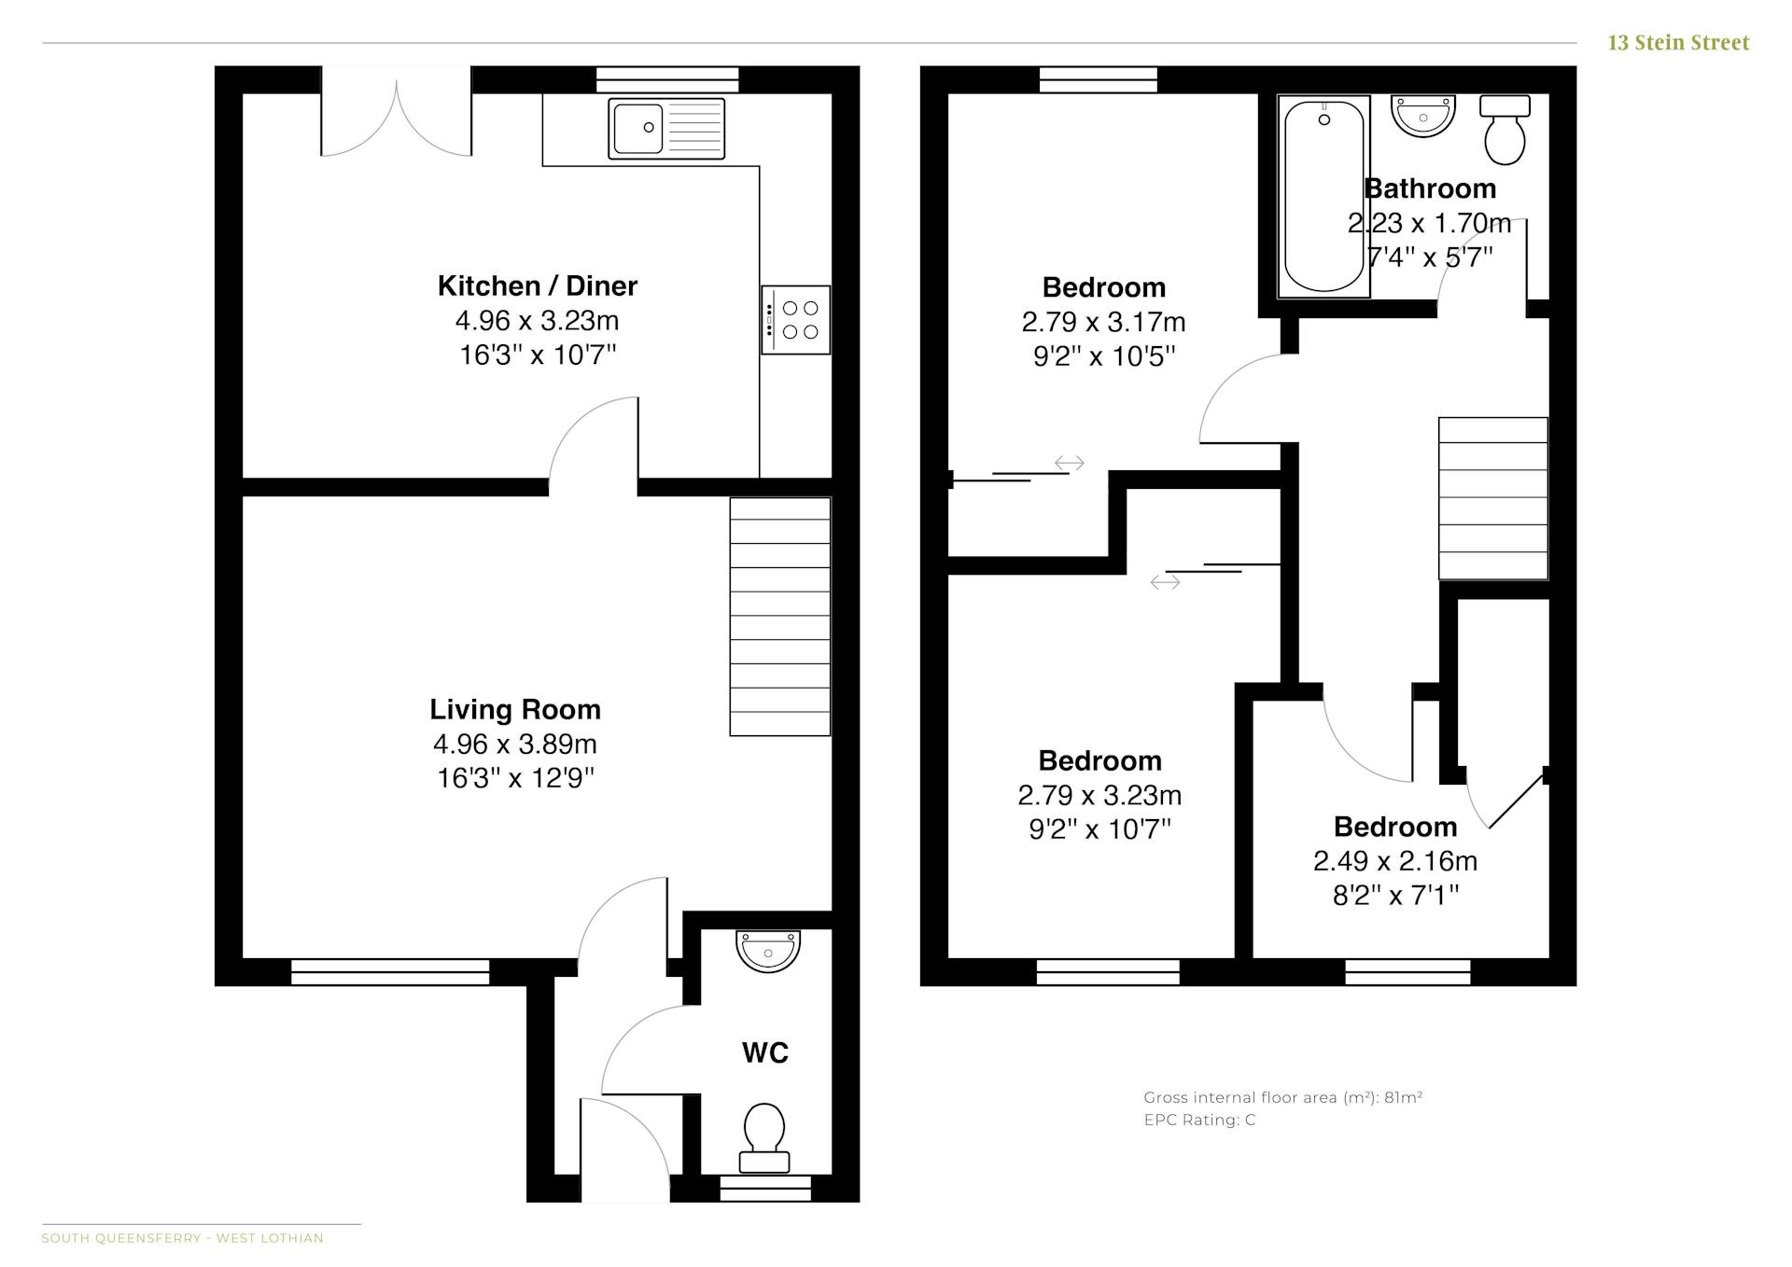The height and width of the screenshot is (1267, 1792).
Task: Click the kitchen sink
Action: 666,129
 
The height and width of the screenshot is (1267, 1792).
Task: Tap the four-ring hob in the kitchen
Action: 795,320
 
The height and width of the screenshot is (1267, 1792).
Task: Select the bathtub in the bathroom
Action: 1323,197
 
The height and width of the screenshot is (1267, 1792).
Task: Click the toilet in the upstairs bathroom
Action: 1505,129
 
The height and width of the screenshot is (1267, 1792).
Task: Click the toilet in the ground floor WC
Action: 764,1138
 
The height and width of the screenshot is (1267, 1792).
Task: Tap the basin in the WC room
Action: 768,951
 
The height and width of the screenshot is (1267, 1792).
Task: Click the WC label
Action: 765,1053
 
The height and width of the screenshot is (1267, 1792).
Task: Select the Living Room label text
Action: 515,710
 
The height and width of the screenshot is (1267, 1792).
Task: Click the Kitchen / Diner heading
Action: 538,285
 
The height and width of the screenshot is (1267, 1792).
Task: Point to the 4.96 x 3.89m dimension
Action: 515,744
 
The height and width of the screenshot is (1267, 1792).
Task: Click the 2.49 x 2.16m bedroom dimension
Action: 1395,861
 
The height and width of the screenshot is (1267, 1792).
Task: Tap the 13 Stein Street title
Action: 1678,43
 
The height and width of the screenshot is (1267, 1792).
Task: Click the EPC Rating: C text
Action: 1199,1120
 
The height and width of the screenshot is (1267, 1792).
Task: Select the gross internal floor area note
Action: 1283,1097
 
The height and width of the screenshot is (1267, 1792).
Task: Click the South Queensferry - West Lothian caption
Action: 182,1238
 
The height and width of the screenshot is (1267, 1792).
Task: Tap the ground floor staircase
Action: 780,617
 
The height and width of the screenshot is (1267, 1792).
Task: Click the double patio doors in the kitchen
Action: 397,117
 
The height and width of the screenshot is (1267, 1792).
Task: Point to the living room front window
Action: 390,972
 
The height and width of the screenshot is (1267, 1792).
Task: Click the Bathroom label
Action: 1430,188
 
